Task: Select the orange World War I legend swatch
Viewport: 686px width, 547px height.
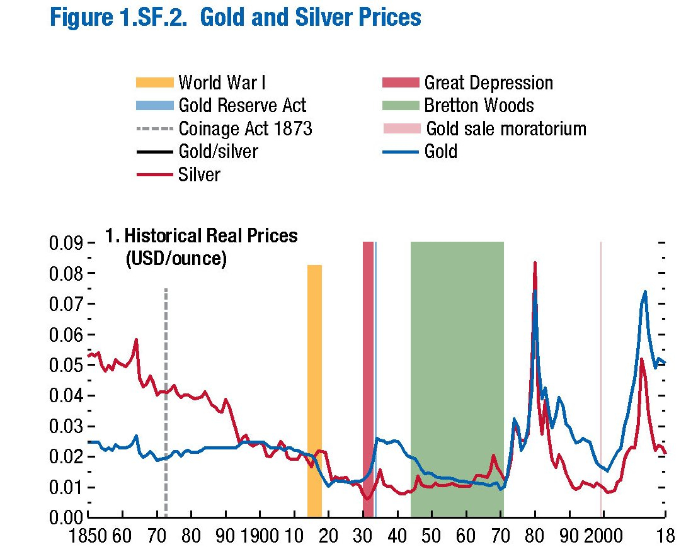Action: point(154,82)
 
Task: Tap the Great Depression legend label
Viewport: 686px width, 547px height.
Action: point(488,82)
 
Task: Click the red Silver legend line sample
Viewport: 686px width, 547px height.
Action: point(154,174)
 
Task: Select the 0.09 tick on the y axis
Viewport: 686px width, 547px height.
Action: point(66,243)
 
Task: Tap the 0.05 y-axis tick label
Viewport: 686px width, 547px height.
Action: point(66,366)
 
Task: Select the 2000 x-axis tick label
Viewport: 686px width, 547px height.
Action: point(603,535)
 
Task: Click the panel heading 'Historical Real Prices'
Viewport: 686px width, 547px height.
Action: point(210,237)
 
